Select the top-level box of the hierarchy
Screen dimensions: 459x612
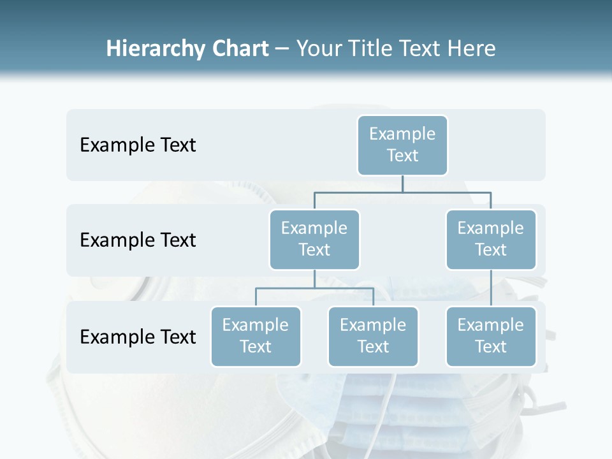[402, 145]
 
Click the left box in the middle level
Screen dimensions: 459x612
[314, 240]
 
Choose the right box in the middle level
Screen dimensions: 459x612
[491, 240]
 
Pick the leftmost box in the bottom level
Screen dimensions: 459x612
[256, 337]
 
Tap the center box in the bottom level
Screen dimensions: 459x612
[373, 337]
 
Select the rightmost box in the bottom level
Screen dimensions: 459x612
[491, 337]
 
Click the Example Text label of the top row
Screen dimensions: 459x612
[138, 145]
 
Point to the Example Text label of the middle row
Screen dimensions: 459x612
[138, 240]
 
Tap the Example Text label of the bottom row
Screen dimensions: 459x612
[138, 337]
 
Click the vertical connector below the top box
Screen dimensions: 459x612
[402, 184]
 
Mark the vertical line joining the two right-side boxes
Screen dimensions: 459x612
[491, 288]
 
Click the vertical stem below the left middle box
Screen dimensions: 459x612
[314, 279]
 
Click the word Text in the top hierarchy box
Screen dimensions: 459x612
[402, 156]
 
